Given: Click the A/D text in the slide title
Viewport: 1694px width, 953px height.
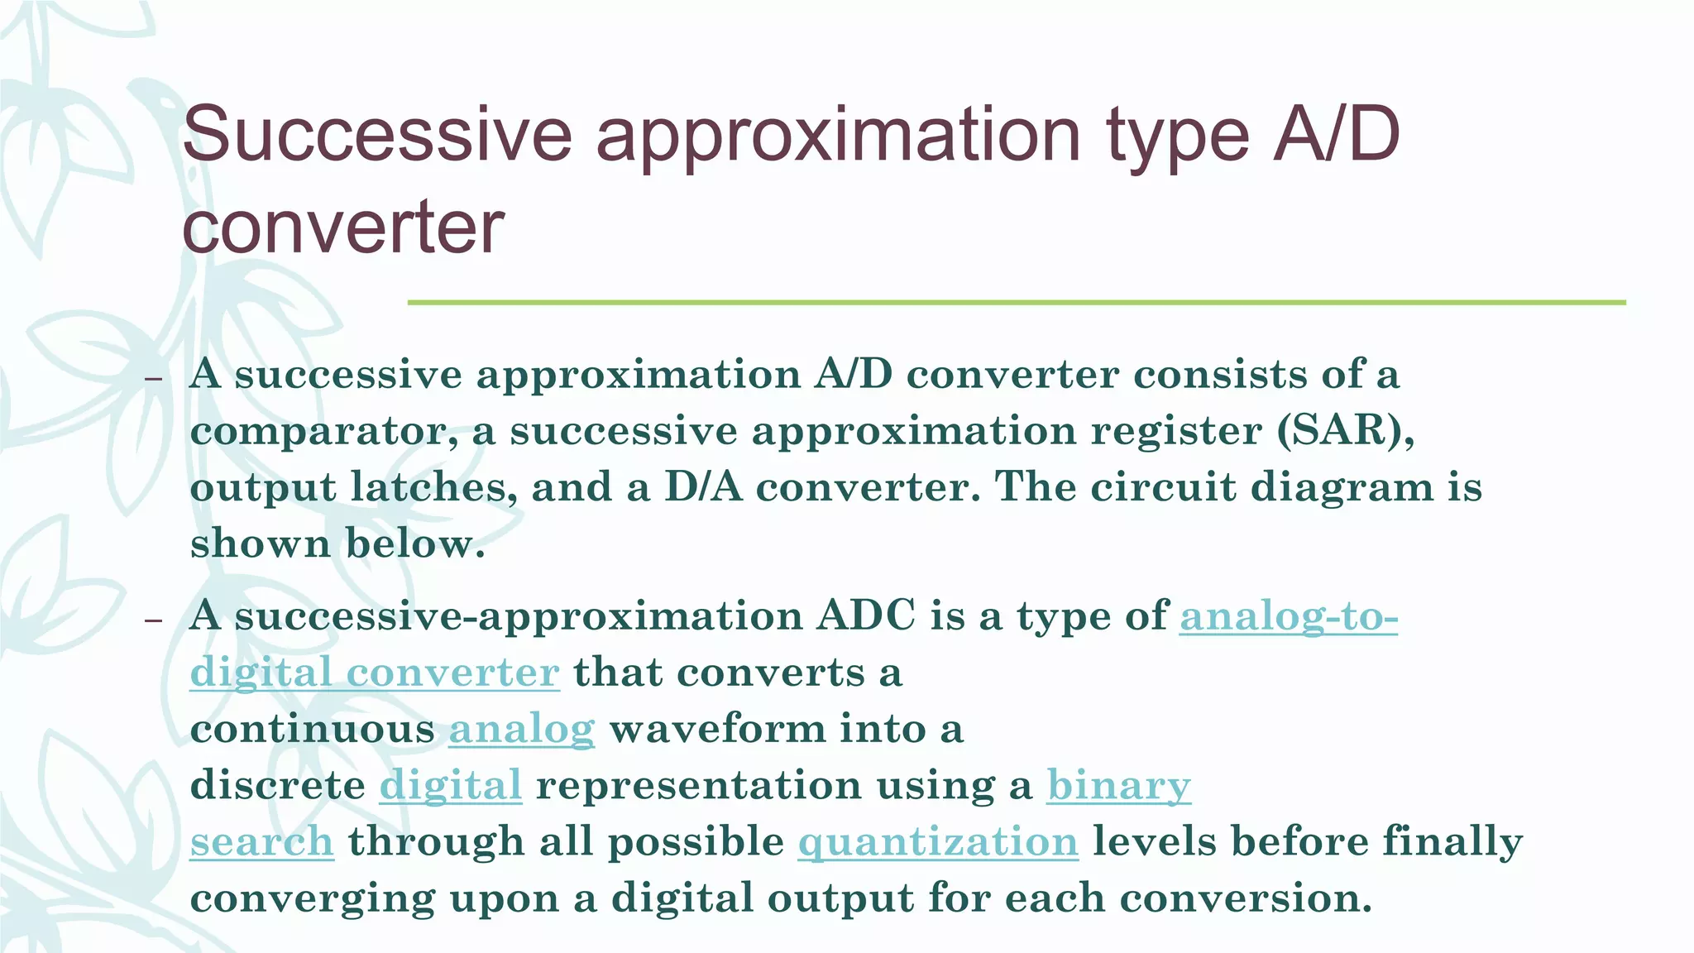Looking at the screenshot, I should click(1336, 135).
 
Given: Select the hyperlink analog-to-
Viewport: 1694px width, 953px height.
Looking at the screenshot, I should click(1289, 617).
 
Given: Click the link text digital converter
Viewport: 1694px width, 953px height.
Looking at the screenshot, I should click(375, 673).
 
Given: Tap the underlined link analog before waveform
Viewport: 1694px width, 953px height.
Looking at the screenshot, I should click(521, 730).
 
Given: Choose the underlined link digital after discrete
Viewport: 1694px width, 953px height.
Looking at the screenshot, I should click(451, 786).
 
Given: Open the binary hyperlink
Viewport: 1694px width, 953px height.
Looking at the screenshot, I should click(1118, 786).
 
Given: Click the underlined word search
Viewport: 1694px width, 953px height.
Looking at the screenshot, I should click(261, 842).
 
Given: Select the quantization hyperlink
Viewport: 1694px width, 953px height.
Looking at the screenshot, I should click(938, 842).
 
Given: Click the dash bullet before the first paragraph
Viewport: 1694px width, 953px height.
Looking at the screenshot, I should click(152, 379).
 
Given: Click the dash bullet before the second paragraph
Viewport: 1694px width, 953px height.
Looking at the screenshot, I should click(152, 620).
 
